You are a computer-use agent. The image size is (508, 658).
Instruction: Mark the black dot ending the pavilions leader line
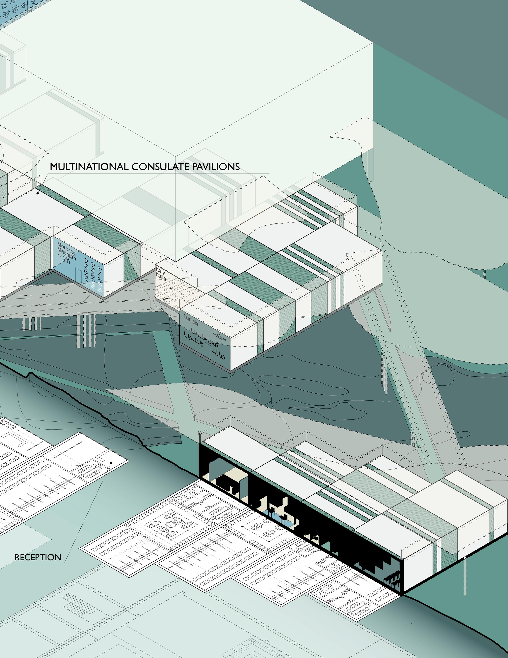point(38,193)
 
